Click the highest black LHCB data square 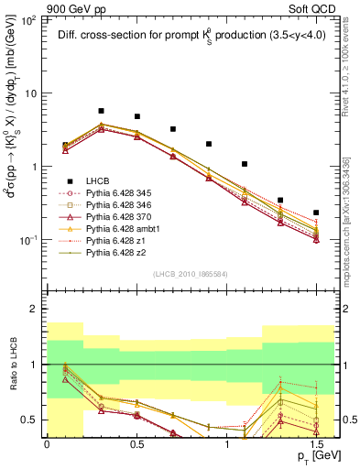(101, 111)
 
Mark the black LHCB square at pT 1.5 (316, 213)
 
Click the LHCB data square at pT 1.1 (245, 164)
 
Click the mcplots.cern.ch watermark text (351, 229)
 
